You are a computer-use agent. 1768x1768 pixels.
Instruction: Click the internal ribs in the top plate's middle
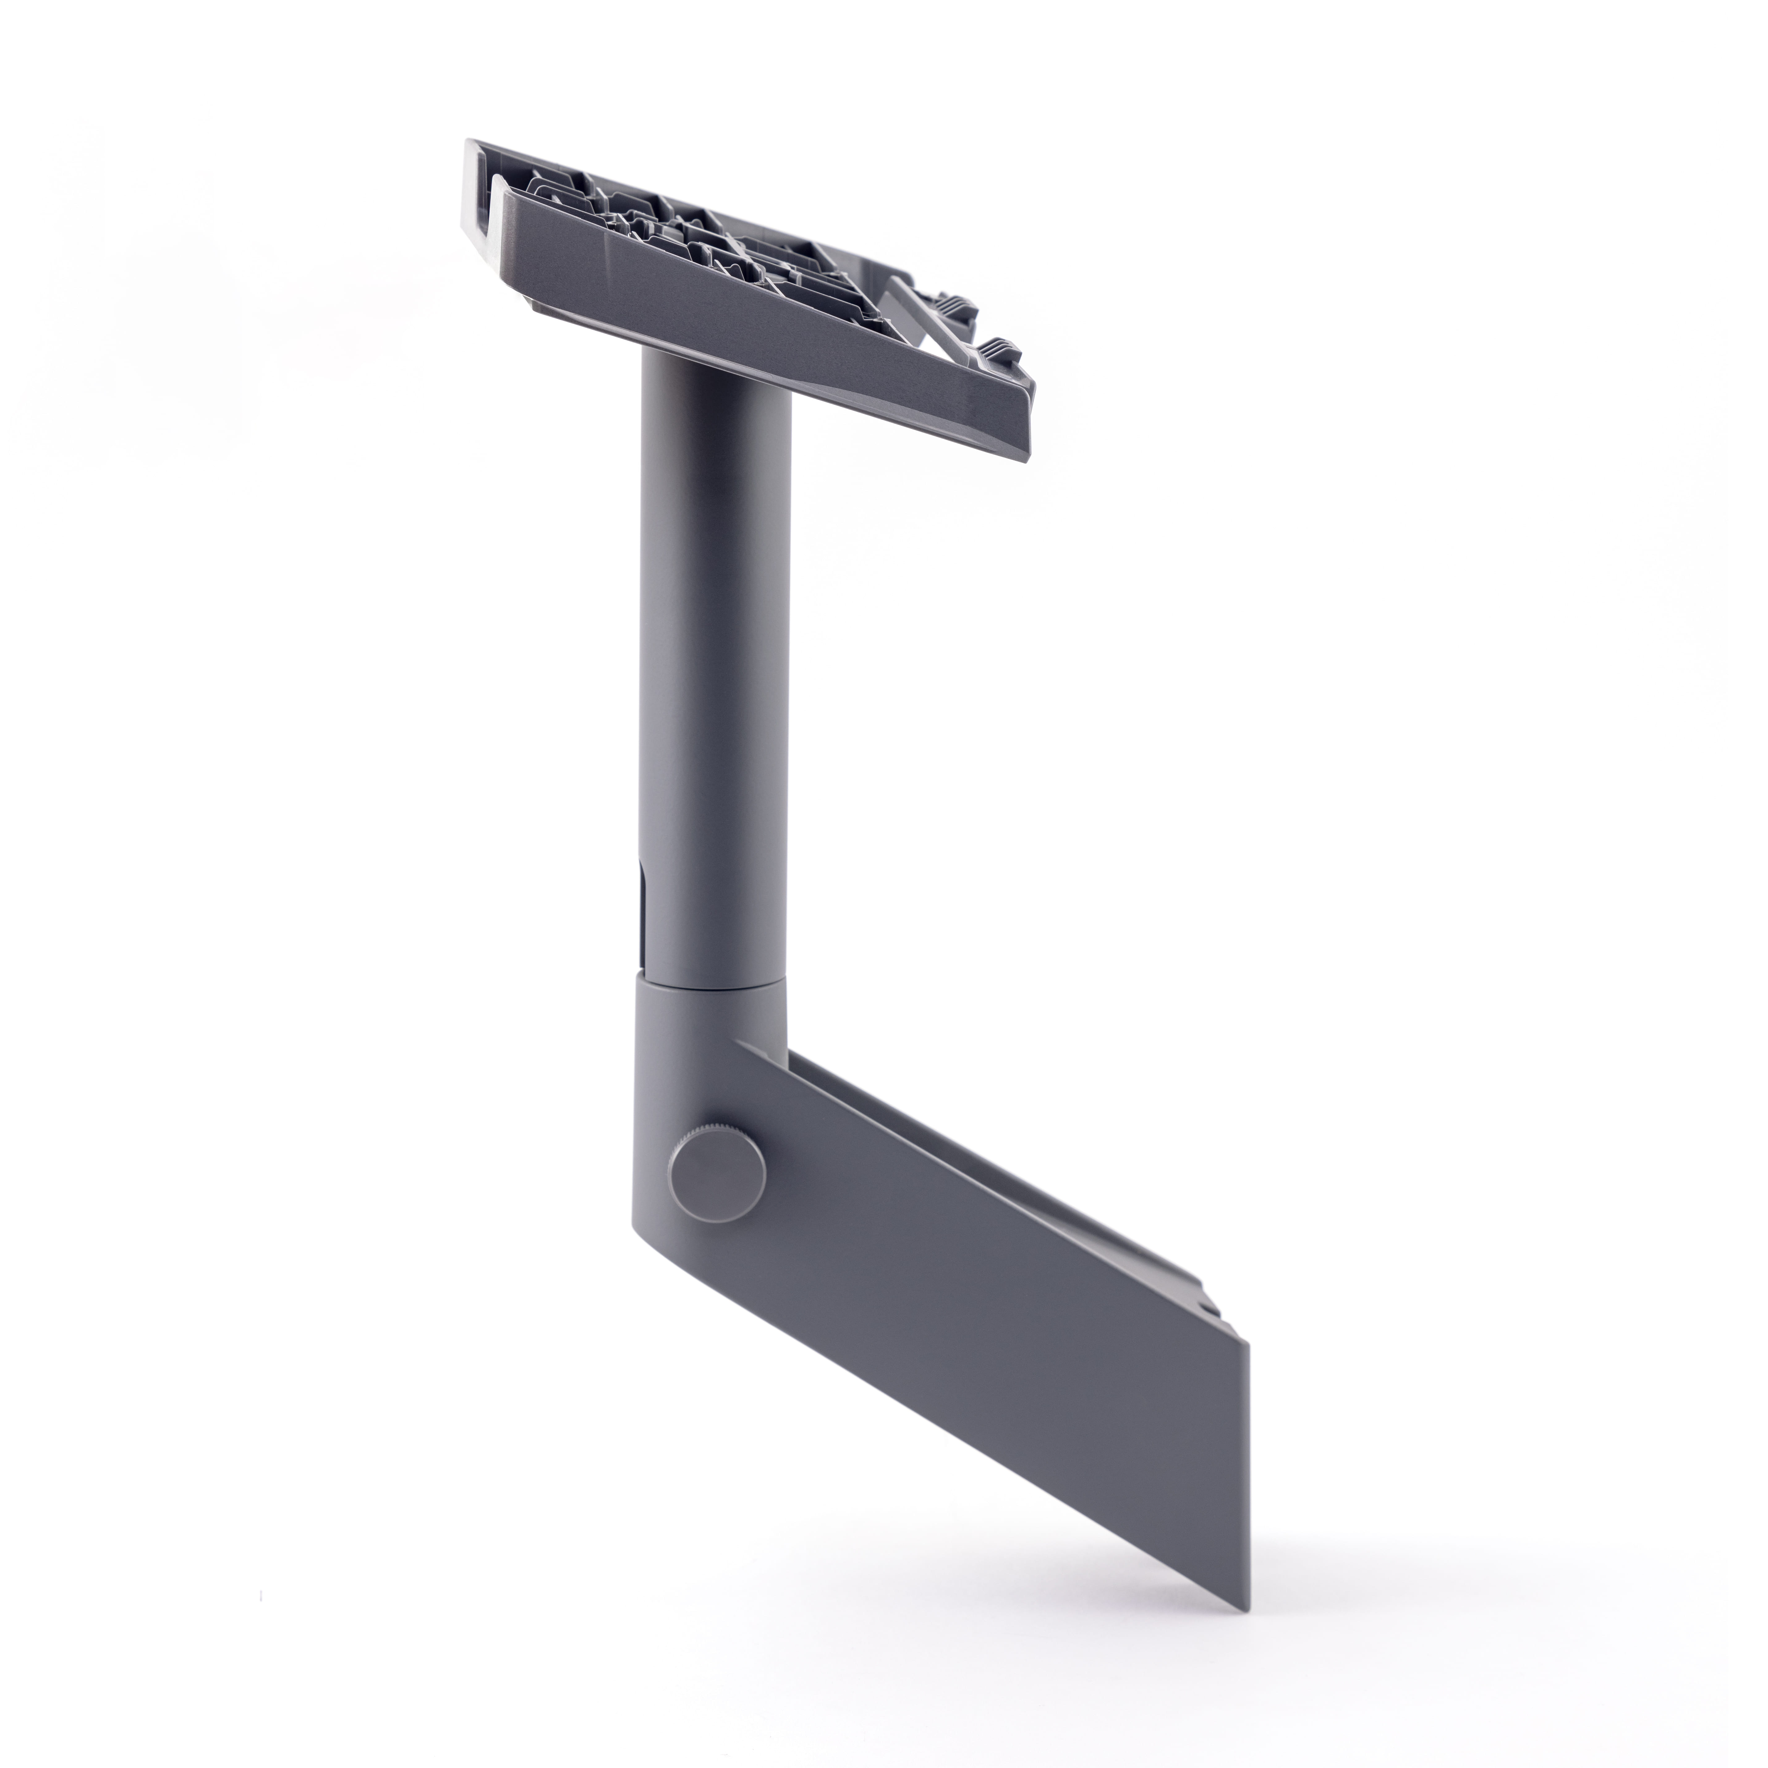pyautogui.click(x=695, y=238)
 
